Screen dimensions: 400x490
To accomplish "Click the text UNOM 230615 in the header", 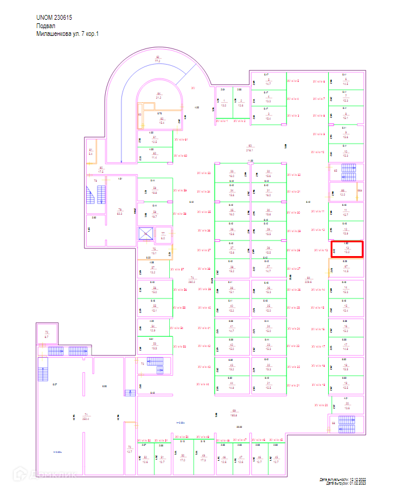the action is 57,19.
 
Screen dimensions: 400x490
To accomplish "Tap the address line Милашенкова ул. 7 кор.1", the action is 67,34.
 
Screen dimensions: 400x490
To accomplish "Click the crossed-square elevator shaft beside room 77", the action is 146,234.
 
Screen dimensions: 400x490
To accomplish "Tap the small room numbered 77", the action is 163,234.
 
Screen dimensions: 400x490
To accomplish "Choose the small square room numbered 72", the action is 46,334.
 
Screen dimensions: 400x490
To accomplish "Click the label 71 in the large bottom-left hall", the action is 86,416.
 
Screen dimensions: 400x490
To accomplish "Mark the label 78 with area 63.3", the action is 119,211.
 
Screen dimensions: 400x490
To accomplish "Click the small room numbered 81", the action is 91,152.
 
